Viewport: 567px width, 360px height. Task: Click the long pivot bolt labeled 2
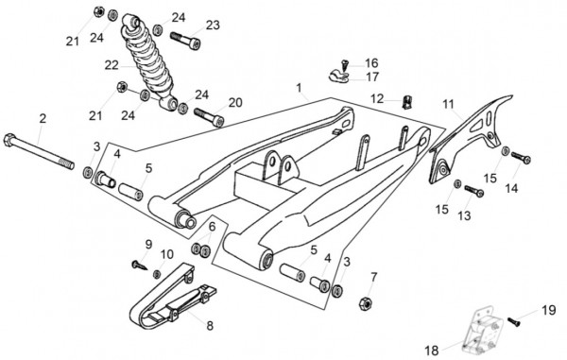point(39,151)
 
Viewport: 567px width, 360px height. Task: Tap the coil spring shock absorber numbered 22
point(149,62)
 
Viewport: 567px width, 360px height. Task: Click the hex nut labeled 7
point(366,303)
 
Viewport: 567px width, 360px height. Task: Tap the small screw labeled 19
point(513,321)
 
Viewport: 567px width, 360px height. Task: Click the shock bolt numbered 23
point(185,40)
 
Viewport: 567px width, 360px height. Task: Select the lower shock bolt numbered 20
point(209,117)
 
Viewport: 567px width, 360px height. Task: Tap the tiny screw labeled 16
point(345,65)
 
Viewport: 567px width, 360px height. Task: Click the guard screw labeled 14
point(521,157)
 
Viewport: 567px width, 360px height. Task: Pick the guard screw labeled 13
point(473,191)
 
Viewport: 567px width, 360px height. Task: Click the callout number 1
point(299,88)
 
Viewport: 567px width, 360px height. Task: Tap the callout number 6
point(212,226)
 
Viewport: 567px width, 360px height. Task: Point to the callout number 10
point(167,254)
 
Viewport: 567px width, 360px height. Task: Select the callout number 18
point(432,351)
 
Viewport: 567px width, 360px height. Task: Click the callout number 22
point(112,65)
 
